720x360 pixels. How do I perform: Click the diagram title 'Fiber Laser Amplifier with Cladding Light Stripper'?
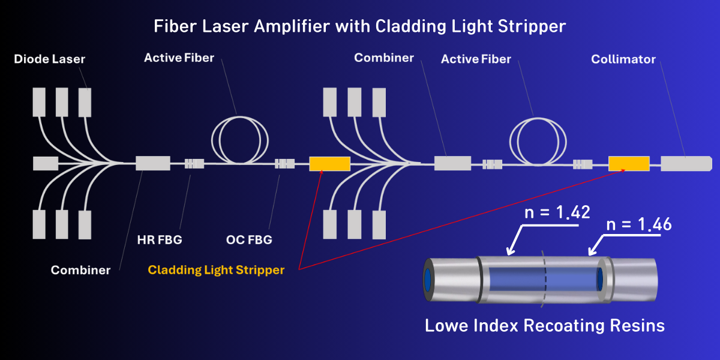(360, 26)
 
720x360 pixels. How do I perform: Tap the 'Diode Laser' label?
(50, 59)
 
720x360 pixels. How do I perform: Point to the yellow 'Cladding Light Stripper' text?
(216, 270)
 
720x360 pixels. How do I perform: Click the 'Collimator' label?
(623, 59)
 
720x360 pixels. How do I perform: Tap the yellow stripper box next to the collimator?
(629, 163)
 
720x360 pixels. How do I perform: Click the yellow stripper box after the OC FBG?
(329, 163)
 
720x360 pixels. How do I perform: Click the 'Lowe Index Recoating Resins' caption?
(545, 326)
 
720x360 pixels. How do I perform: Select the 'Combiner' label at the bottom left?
(80, 270)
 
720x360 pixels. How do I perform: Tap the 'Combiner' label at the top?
(384, 58)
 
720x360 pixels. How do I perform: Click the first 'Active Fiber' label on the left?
(179, 58)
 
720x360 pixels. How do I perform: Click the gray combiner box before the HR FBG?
(152, 163)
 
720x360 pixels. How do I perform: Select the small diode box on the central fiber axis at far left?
(46, 163)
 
